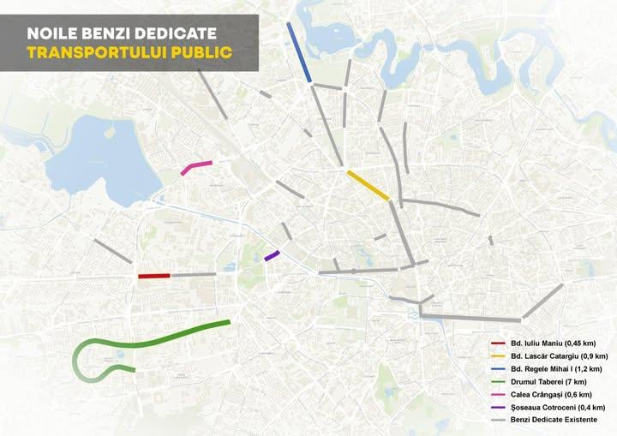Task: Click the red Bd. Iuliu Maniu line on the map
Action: click(x=154, y=276)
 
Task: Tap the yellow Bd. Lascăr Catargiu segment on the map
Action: click(x=368, y=185)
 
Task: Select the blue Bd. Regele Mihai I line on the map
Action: click(x=299, y=52)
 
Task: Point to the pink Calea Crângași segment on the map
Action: click(x=196, y=167)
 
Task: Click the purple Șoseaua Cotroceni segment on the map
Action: click(x=272, y=255)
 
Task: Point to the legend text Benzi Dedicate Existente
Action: click(x=552, y=420)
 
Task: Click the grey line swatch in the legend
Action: click(x=496, y=420)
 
